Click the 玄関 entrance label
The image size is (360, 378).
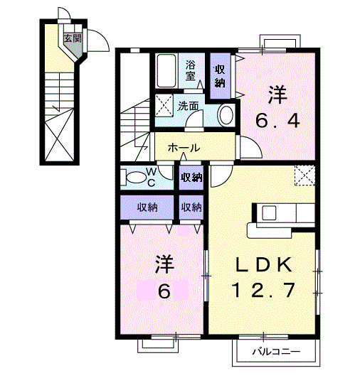pos(73,38)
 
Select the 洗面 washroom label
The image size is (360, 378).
pos(189,106)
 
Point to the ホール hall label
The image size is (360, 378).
pos(184,148)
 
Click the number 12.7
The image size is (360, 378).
pos(264,291)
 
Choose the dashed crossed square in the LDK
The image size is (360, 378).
pos(305,174)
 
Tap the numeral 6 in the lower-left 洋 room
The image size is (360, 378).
pos(164,291)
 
